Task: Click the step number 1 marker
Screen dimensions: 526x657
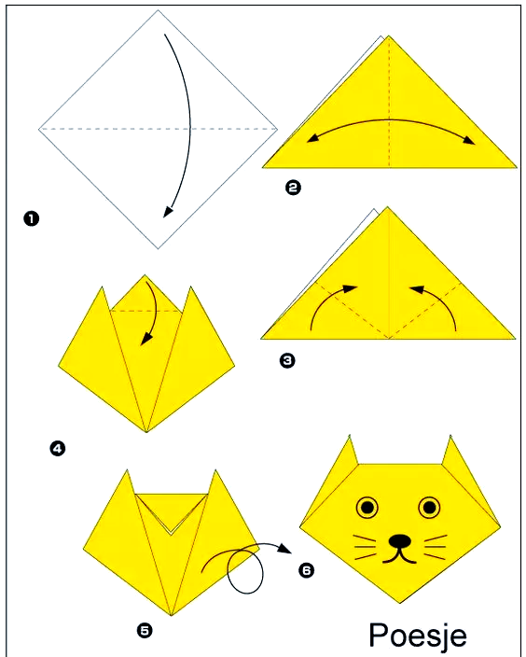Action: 31,218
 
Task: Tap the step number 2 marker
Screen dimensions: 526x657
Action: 293,187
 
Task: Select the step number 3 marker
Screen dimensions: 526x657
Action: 287,360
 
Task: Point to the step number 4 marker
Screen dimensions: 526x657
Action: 58,449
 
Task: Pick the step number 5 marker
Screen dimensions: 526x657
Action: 145,630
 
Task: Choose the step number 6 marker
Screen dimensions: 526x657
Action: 306,570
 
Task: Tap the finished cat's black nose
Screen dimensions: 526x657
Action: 399,541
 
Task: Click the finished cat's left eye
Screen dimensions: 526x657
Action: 367,508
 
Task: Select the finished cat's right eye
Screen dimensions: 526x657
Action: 429,508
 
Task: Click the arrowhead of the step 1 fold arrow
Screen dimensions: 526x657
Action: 168,212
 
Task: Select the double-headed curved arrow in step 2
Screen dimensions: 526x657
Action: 390,120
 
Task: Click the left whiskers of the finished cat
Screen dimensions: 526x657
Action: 365,547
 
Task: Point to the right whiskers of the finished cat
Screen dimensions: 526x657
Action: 436,547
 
